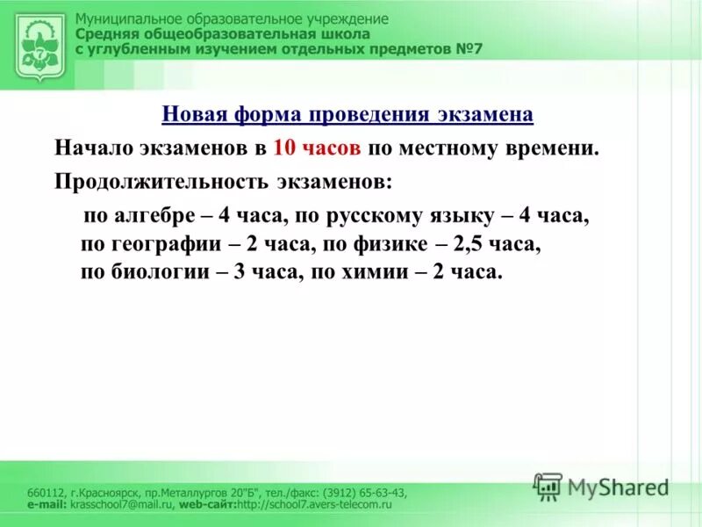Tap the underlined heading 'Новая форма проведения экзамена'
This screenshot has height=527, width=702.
coord(347,115)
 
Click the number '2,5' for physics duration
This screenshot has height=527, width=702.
coord(469,244)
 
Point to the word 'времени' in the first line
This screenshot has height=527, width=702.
coord(562,148)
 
